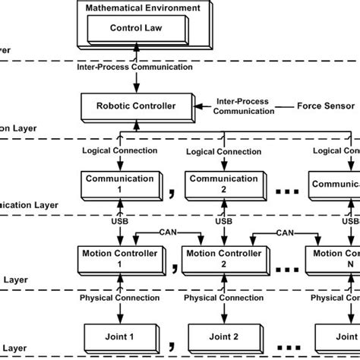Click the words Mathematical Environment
click(x=143, y=8)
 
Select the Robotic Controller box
click(x=133, y=106)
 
